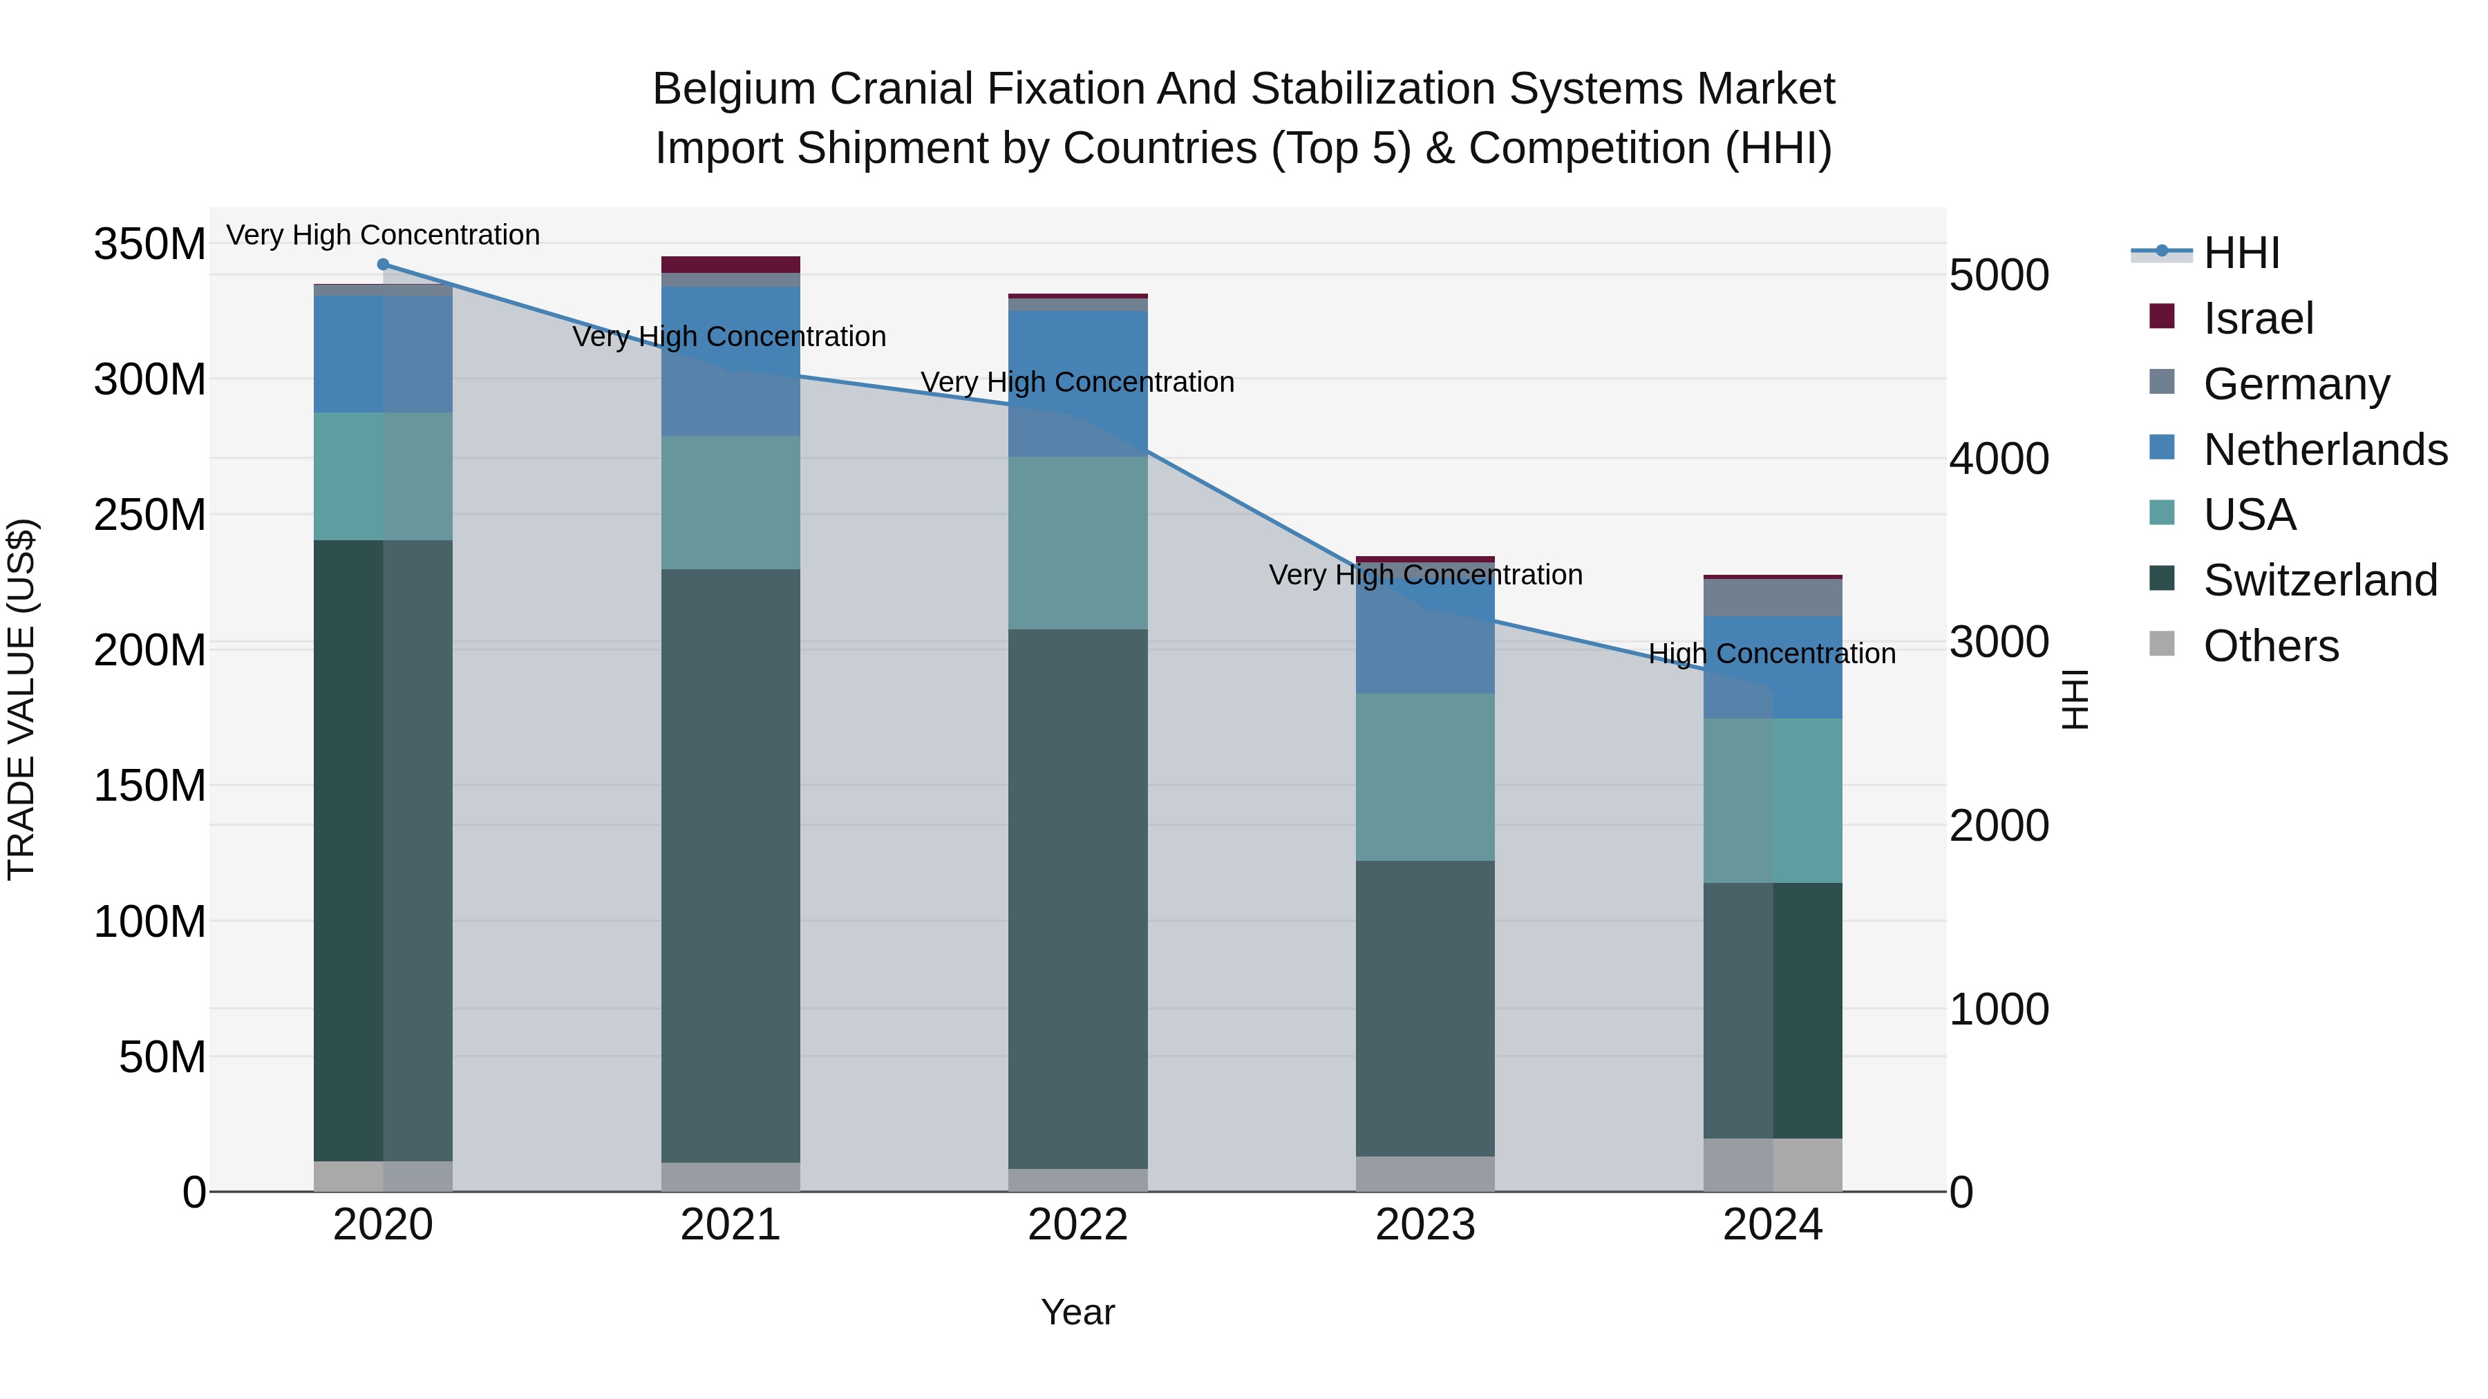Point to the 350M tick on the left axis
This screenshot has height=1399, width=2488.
point(150,245)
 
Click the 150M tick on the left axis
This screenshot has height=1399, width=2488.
point(150,786)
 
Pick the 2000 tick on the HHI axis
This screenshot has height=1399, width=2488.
point(1998,826)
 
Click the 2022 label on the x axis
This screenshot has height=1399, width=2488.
point(1078,1225)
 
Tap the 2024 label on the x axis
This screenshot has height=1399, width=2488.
point(1772,1225)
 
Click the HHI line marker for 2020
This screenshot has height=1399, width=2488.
point(384,265)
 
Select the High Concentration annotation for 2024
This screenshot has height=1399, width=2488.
point(1771,654)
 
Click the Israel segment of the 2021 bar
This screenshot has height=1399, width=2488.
point(731,265)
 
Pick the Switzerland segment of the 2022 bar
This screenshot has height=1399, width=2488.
point(1078,898)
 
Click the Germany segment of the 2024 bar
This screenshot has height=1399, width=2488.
point(1772,598)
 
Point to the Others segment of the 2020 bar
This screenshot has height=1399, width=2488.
point(384,1176)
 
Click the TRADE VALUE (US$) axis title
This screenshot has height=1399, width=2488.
point(21,699)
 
